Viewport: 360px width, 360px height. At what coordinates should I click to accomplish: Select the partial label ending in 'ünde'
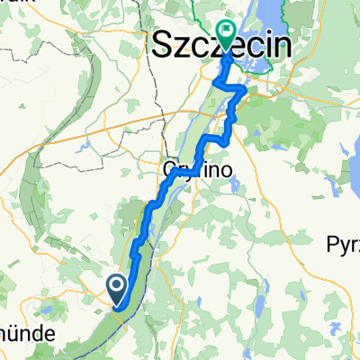[22, 332]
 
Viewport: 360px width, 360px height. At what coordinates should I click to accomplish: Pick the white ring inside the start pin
[118, 286]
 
